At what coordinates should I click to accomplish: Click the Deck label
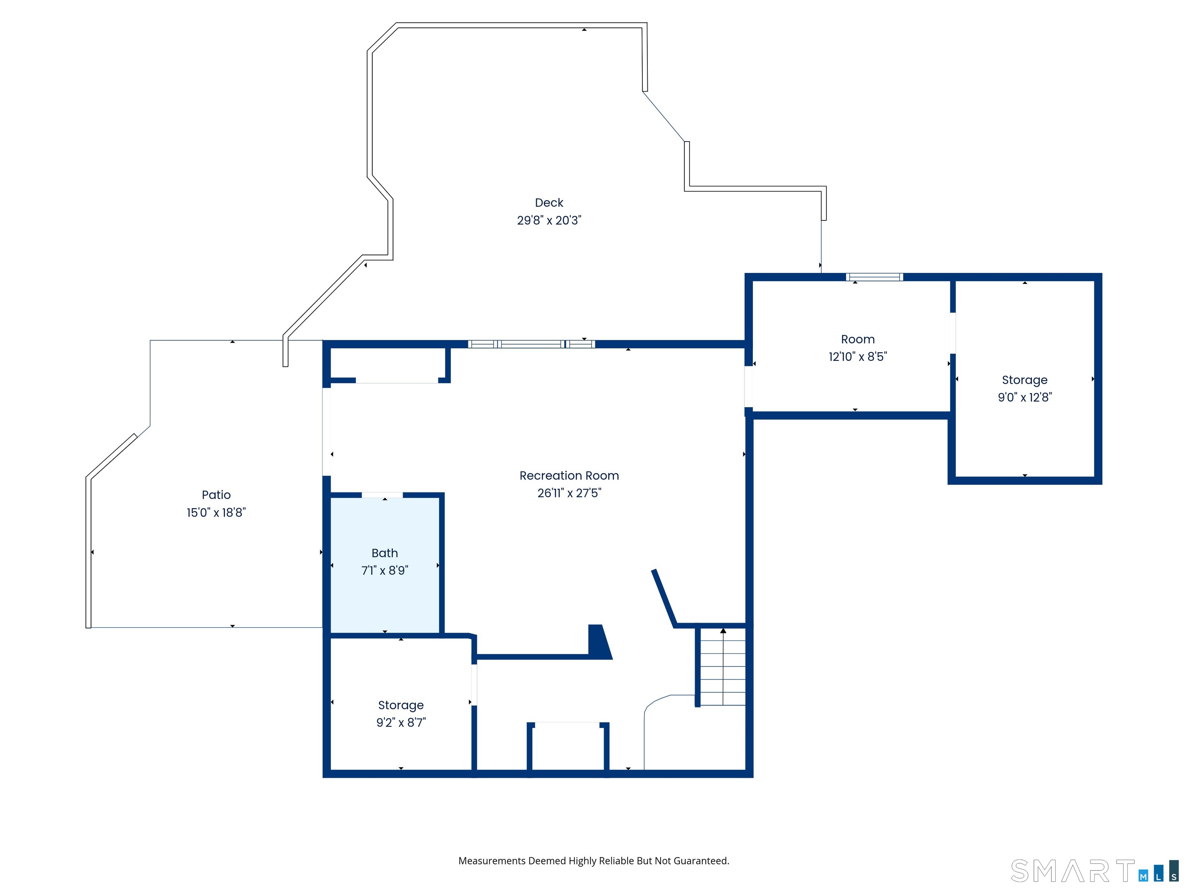tap(549, 203)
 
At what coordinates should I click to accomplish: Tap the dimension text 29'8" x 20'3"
tap(549, 220)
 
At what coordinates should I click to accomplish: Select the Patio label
tap(216, 495)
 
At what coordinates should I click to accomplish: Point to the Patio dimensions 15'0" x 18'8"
tap(216, 512)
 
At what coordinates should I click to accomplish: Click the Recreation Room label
tap(569, 475)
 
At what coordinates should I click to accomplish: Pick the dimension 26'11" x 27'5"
tap(569, 493)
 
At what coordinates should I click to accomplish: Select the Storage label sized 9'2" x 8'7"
tap(401, 705)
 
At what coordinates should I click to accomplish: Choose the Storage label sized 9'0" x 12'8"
tap(1025, 380)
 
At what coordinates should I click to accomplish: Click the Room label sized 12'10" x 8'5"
tap(858, 340)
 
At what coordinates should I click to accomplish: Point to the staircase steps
tap(723, 666)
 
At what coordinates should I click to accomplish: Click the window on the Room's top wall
tap(874, 277)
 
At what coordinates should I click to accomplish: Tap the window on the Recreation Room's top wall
tap(532, 344)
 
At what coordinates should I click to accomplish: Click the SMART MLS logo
tap(1094, 871)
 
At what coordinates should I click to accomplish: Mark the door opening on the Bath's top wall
tap(382, 495)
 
